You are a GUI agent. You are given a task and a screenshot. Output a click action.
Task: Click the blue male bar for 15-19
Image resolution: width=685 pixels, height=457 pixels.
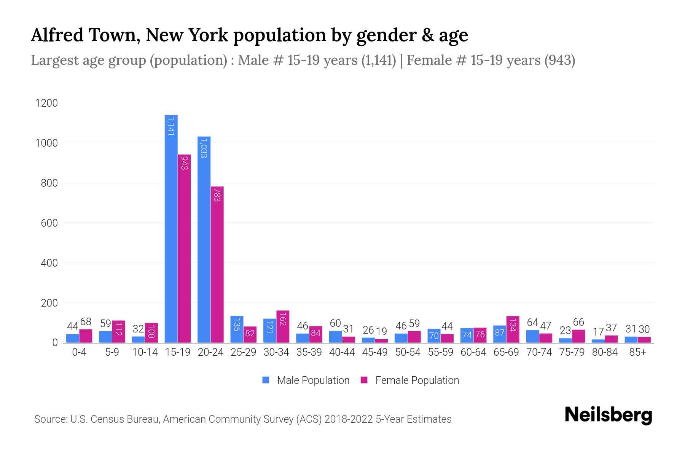tap(171, 228)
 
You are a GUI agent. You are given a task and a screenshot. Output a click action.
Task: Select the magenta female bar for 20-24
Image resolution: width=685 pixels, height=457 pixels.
tap(217, 265)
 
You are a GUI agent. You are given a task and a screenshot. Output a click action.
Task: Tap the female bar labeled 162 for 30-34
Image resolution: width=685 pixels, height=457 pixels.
tap(283, 327)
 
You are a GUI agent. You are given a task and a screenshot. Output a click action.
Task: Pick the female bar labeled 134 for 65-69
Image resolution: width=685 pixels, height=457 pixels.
tap(513, 329)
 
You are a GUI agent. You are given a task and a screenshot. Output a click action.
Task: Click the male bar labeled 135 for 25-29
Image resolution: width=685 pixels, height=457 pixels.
tap(237, 329)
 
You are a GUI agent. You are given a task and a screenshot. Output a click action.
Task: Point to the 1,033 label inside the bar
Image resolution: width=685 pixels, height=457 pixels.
tap(204, 149)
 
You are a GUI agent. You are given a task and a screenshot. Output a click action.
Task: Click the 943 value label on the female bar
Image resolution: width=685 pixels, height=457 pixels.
tap(184, 162)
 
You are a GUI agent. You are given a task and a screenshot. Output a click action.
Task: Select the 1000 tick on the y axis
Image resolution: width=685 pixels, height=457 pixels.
tap(46, 143)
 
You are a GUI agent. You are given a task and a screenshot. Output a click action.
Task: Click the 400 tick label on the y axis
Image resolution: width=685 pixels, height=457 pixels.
tap(49, 263)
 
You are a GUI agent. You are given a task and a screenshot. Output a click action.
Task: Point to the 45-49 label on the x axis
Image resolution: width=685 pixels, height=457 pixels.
tap(375, 352)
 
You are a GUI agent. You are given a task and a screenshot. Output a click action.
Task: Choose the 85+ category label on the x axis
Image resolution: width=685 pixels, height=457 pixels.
tap(637, 352)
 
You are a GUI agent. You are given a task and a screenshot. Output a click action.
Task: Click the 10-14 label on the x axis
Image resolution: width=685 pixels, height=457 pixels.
tap(145, 352)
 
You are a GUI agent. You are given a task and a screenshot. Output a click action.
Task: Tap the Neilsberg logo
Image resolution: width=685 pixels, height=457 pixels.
tap(608, 415)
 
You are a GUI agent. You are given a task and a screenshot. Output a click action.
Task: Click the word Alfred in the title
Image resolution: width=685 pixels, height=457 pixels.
tap(57, 35)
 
